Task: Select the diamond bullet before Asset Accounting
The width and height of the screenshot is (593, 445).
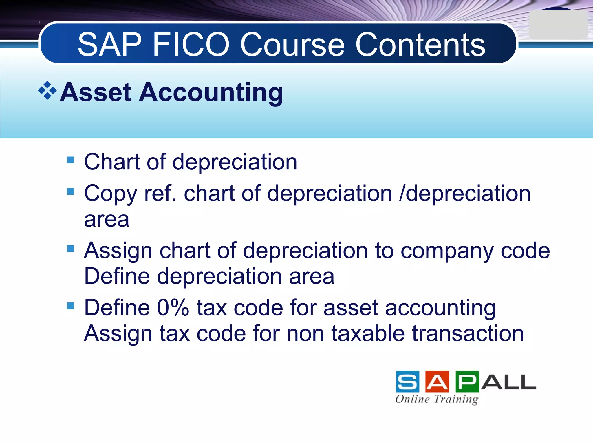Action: pos(47,90)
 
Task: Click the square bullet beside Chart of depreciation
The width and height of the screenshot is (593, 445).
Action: pos(70,160)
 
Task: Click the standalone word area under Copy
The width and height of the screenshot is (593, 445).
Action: pos(107,219)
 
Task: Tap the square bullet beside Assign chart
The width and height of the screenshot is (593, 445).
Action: pos(70,249)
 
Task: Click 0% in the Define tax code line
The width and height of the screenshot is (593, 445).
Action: pos(173,307)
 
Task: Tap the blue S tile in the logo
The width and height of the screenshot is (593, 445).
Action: pos(407,382)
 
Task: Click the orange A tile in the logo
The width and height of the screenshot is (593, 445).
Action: pos(437,382)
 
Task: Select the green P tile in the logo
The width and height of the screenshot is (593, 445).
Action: pos(467,382)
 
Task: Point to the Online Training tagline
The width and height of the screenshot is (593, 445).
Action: pos(437,399)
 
